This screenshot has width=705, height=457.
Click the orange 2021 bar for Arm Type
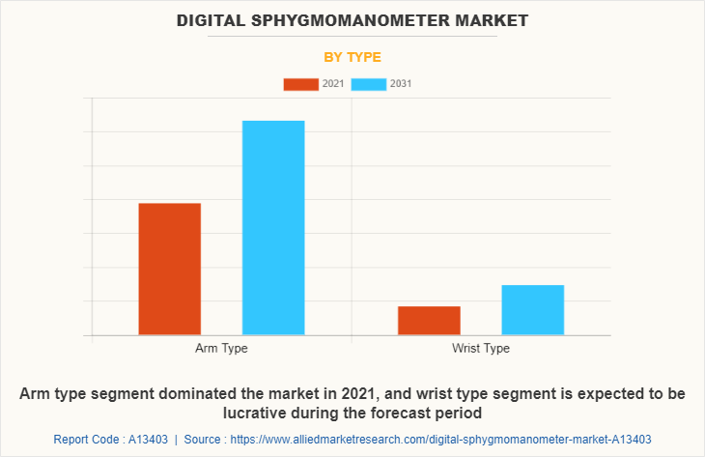[170, 269]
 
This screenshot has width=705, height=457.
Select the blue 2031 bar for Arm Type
[273, 227]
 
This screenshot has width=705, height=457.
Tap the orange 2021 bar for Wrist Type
[429, 320]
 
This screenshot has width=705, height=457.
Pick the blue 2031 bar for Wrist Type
[532, 309]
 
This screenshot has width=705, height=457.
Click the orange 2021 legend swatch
[300, 84]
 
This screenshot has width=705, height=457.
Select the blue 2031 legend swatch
[369, 84]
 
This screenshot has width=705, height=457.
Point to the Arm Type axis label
[221, 348]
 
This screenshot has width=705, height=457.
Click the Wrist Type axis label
[480, 348]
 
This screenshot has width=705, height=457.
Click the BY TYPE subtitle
[352, 57]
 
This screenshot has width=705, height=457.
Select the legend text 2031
[401, 84]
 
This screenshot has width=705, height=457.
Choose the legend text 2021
[333, 84]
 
